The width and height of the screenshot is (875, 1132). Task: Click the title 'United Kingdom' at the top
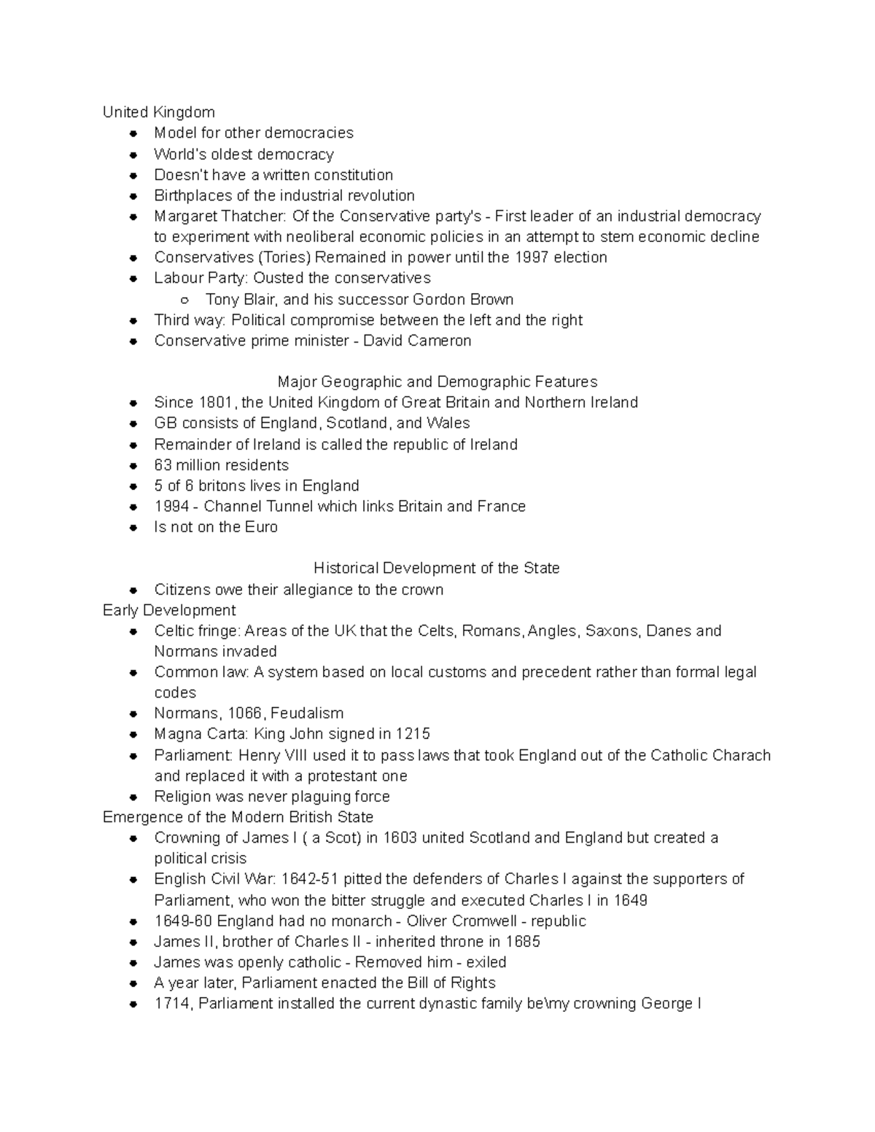[158, 112]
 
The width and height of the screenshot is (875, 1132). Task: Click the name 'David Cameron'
[417, 340]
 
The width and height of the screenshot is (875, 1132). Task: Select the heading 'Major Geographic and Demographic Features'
[437, 382]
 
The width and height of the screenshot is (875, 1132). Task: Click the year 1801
[217, 402]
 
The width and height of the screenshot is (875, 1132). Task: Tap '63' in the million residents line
[163, 465]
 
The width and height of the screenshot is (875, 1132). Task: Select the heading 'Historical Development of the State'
[436, 568]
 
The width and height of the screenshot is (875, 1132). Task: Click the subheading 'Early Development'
[169, 610]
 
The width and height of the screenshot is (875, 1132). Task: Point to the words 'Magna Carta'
[190, 734]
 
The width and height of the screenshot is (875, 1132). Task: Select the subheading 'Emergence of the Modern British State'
[238, 817]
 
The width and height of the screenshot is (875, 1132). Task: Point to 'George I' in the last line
[670, 1004]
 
